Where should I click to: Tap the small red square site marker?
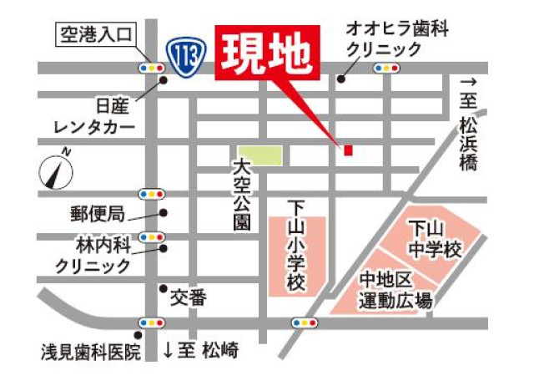pyautogui.click(x=348, y=150)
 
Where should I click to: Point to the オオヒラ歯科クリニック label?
pyautogui.click(x=396, y=39)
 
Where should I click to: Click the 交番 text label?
pyautogui.click(x=189, y=297)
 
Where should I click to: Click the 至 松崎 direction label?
pyautogui.click(x=200, y=350)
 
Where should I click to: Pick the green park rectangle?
pyautogui.click(x=259, y=155)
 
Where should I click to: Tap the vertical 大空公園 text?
pyautogui.click(x=242, y=195)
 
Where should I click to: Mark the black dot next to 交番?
pyautogui.click(x=163, y=288)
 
